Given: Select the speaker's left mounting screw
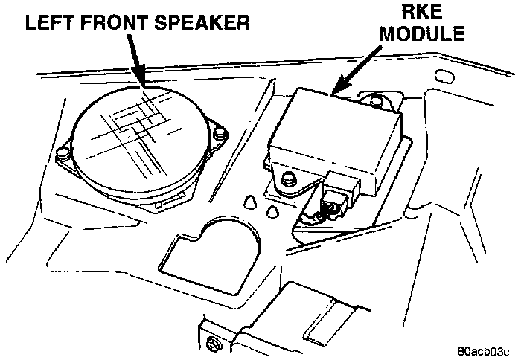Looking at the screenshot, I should [67, 155].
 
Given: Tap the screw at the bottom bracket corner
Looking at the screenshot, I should [214, 344].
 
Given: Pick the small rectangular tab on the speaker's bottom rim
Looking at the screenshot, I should [158, 202].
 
